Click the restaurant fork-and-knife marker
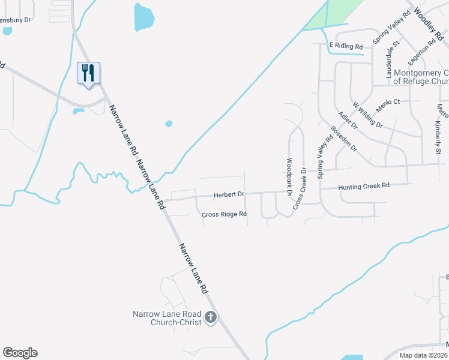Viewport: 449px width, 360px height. click(89, 73)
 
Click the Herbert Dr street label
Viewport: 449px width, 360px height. click(229, 194)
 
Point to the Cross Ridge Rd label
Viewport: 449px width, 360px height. click(224, 214)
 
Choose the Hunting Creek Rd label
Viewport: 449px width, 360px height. click(364, 186)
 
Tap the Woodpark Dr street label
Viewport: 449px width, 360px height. click(289, 178)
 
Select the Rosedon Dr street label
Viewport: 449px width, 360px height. click(344, 139)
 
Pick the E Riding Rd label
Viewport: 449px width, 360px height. click(346, 46)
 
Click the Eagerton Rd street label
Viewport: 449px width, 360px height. click(421, 52)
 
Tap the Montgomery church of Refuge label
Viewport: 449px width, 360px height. click(420, 77)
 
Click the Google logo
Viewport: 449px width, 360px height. click(20, 353)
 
